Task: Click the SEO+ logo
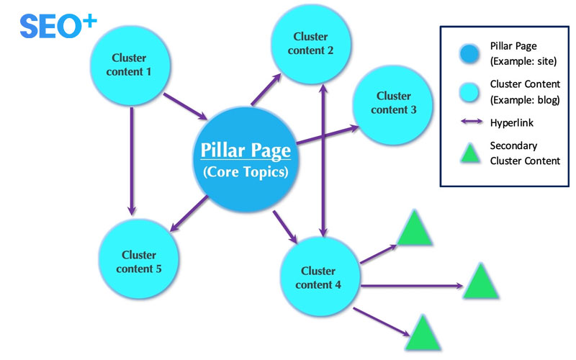click(x=57, y=25)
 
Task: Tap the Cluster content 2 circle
click(x=310, y=42)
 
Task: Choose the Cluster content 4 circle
click(x=318, y=278)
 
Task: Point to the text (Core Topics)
click(x=246, y=173)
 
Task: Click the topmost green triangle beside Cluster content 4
click(x=415, y=228)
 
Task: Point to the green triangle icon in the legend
click(x=469, y=153)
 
